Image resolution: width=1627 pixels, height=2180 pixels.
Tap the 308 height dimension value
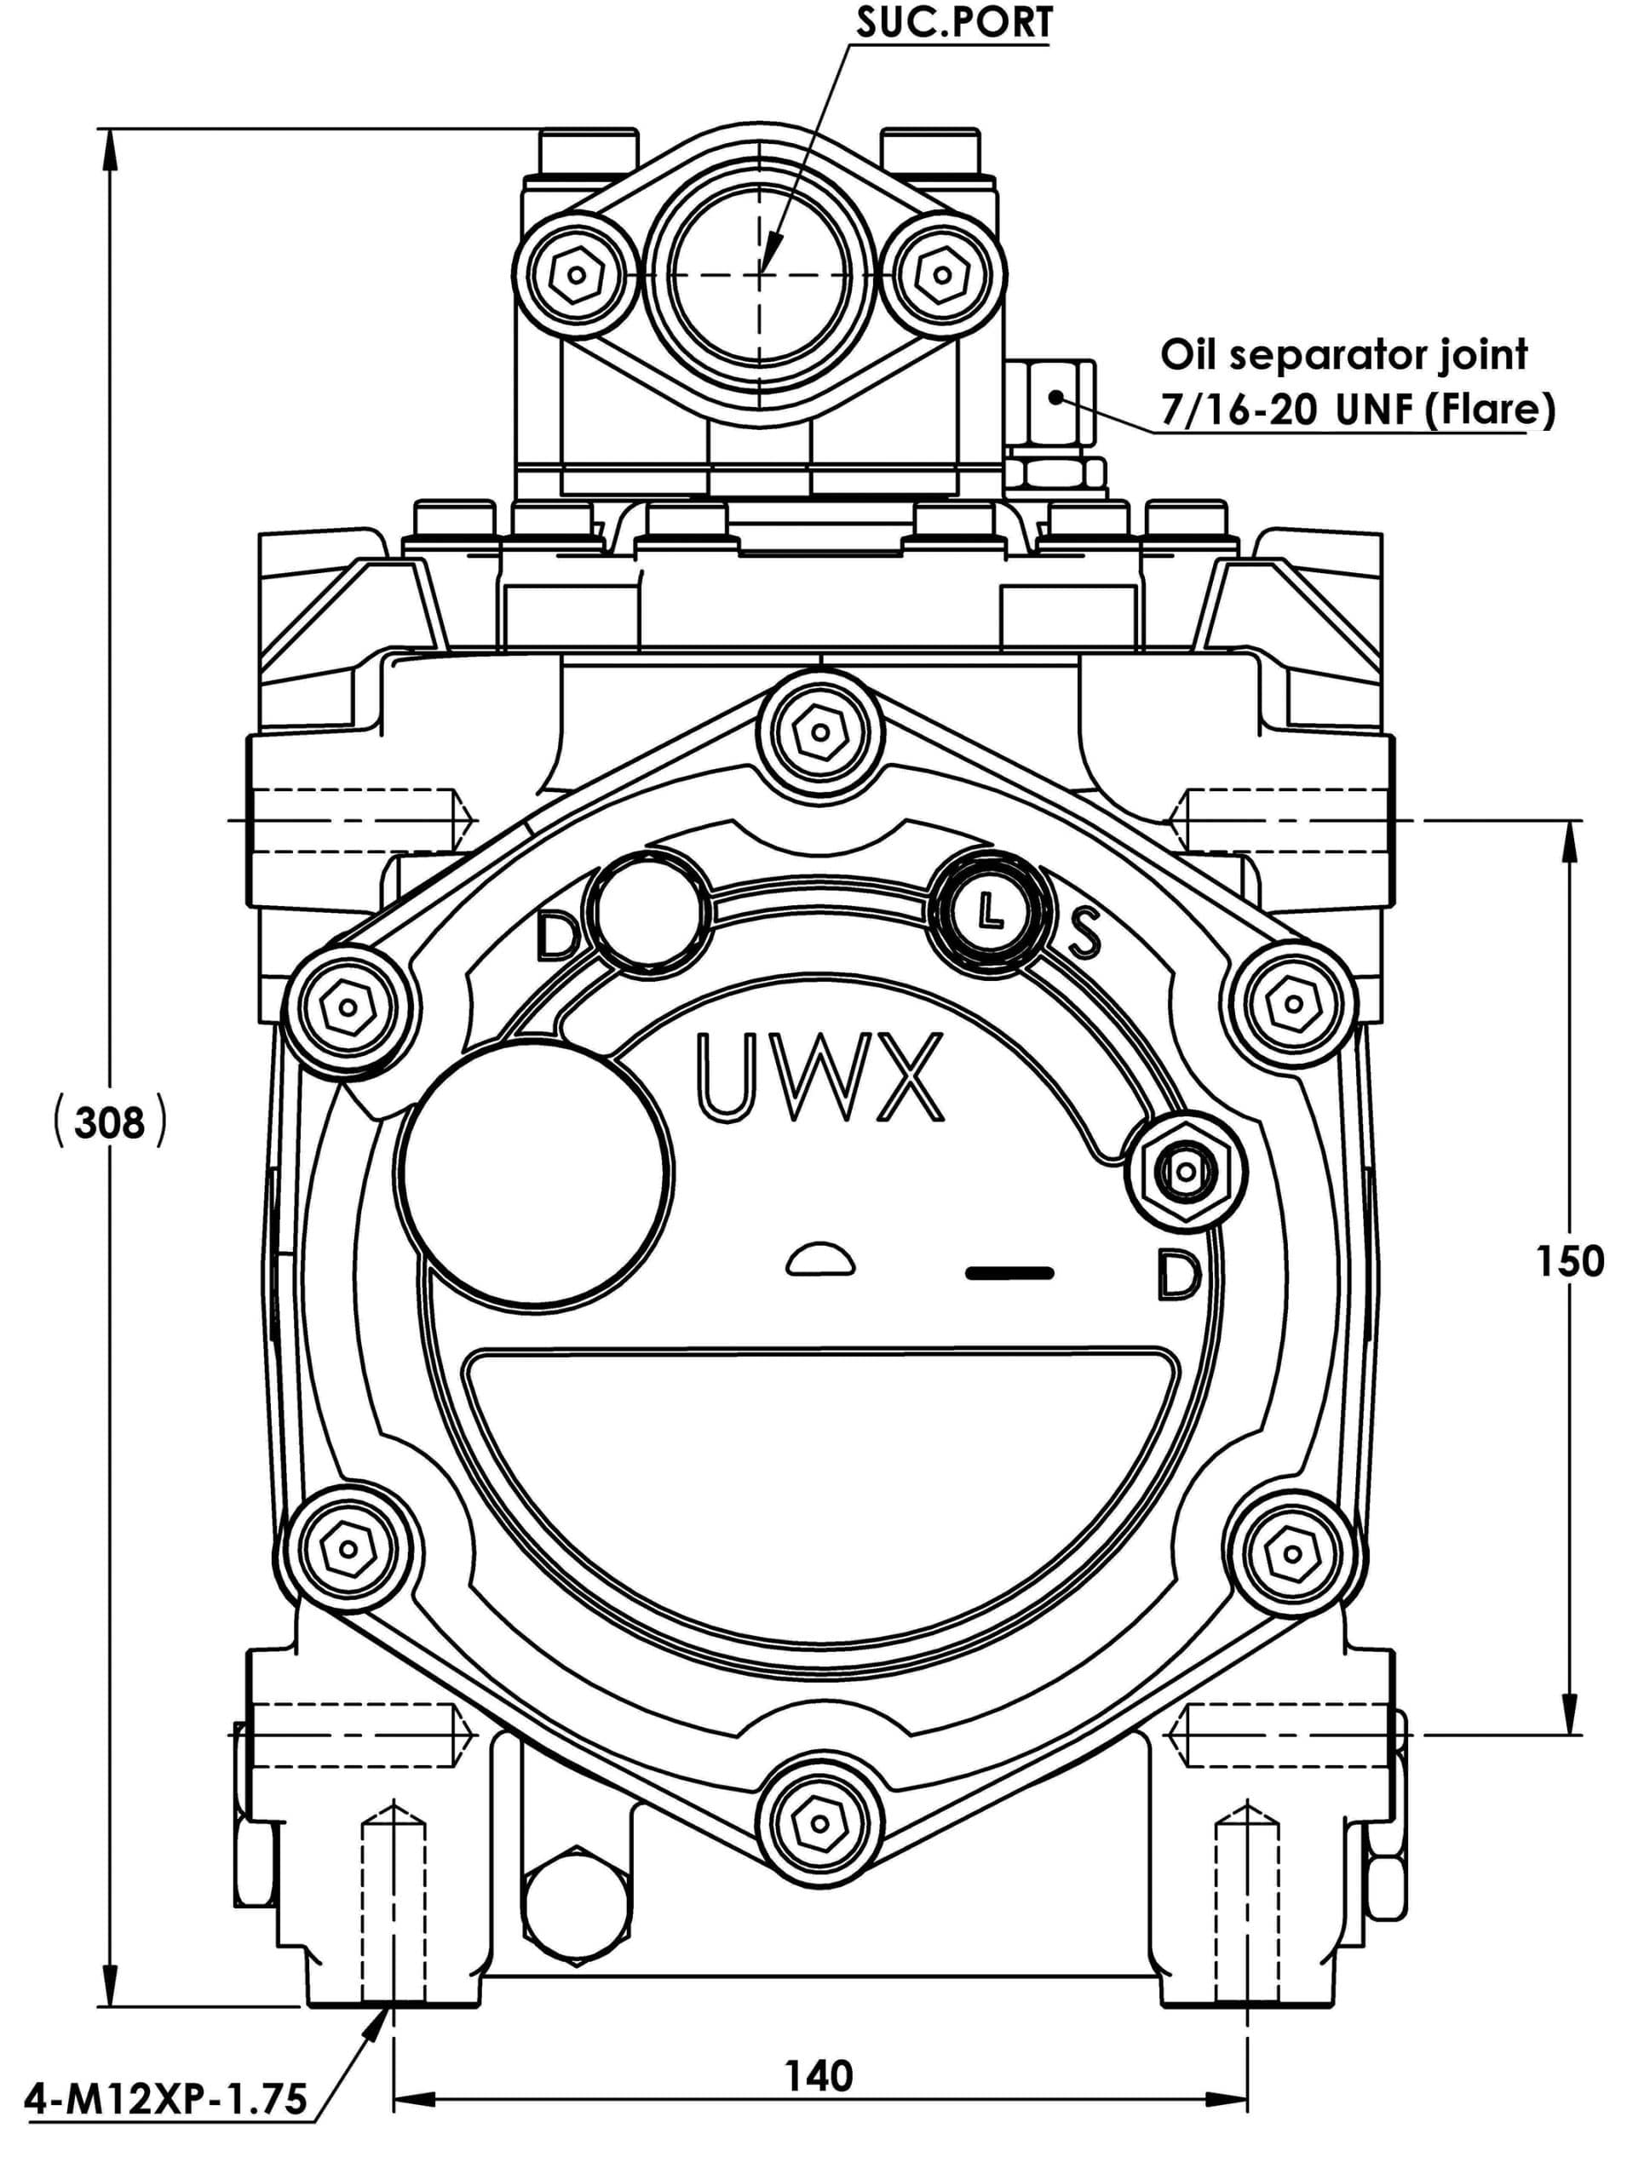108,1122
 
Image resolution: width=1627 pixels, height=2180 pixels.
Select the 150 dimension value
1570,1260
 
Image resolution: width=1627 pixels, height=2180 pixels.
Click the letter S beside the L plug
1084,932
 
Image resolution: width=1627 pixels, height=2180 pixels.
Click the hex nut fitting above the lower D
1187,1172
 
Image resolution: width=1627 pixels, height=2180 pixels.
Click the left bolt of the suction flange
576,271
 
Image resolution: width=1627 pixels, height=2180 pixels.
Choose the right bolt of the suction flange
941,271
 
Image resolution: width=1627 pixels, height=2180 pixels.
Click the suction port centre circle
759,271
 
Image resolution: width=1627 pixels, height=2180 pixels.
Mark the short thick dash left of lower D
1010,1273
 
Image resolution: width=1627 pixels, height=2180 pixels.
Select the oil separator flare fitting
1053,404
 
